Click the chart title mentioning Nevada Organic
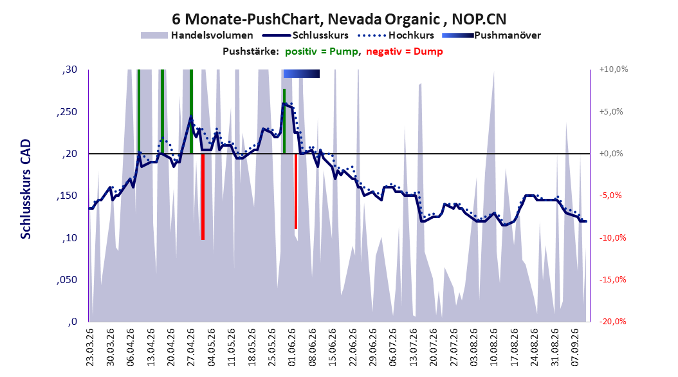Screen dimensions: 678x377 tap(339, 19)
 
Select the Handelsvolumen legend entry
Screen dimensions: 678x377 tap(197, 35)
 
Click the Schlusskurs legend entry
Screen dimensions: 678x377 tap(306, 35)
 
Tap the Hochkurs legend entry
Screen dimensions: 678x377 tap(396, 35)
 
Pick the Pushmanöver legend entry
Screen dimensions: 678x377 tap(491, 35)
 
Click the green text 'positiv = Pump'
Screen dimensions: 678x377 tap(322, 51)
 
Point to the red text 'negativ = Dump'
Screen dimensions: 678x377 tap(405, 51)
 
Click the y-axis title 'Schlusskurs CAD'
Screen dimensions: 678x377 tap(26, 189)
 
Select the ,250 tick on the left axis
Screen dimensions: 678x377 tap(67, 111)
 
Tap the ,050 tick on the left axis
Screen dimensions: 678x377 tap(67, 280)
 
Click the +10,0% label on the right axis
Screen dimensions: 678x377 tap(614, 69)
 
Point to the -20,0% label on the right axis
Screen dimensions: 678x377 tap(612, 321)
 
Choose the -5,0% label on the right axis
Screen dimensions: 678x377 tap(610, 196)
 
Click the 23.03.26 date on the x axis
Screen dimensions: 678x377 tap(89, 347)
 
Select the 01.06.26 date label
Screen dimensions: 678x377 tap(292, 347)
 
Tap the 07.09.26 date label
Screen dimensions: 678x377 tap(575, 347)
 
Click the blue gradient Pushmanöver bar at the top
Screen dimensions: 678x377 tap(302, 73)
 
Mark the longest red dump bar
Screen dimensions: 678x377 tap(203, 197)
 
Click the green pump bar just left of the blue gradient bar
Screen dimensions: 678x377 tap(284, 121)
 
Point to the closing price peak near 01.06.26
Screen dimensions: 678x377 tap(284, 104)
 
